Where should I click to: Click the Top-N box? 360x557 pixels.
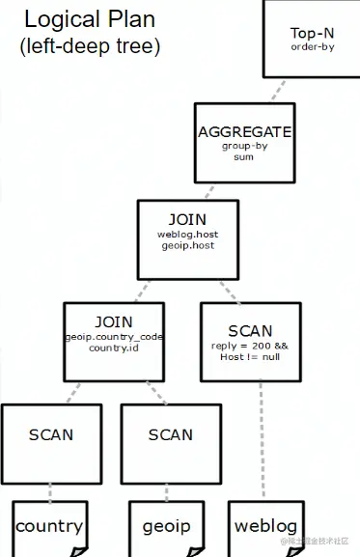311,39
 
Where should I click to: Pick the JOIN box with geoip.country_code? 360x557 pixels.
114,340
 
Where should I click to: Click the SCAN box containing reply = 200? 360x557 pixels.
249,341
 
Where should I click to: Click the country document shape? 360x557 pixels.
48,527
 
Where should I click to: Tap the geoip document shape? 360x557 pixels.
166,527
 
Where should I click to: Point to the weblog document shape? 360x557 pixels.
266,527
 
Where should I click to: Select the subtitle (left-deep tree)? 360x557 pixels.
89,44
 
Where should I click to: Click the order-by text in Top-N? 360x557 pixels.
312,46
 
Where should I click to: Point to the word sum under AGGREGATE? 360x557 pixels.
243,156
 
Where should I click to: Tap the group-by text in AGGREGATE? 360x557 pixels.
243,147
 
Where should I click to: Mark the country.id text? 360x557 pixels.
114,348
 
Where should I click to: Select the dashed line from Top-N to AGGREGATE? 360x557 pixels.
276,91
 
